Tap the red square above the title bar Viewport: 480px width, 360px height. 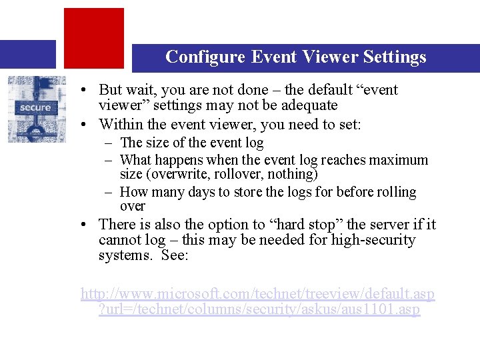pyautogui.click(x=94, y=37)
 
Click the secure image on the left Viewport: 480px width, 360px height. pyautogui.click(x=37, y=109)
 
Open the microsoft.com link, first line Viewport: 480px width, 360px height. pyautogui.click(x=257, y=294)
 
